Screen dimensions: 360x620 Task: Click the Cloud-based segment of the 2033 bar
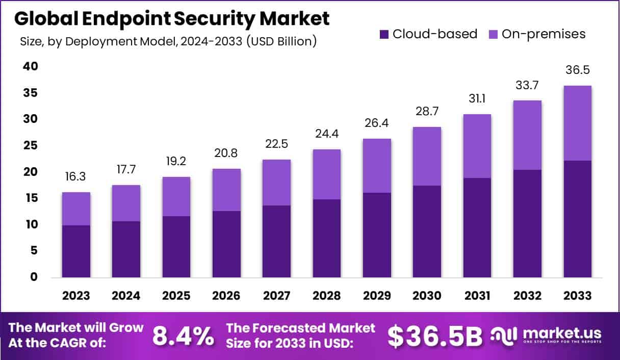coord(577,219)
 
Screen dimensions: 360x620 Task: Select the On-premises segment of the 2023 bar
coord(76,209)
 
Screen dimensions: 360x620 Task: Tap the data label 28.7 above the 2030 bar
coord(427,111)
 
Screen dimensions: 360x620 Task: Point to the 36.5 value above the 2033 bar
coord(577,70)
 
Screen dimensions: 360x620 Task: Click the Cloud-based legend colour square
coord(384,35)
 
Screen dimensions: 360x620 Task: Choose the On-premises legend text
coord(544,34)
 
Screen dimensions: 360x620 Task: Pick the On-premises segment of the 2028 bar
coord(326,174)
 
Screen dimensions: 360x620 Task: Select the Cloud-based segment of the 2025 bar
coord(176,247)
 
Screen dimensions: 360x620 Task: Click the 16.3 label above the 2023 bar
coord(76,176)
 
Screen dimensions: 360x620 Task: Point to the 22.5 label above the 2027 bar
coord(276,144)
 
